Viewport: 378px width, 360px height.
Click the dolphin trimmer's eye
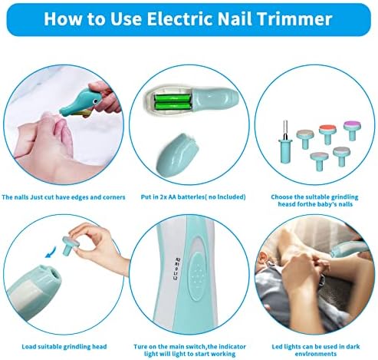[95, 101]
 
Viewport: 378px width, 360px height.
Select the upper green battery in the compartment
[172, 98]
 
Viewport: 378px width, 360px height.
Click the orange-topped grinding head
[327, 134]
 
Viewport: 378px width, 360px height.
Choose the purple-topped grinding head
[353, 130]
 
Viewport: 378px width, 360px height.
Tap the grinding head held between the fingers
[71, 246]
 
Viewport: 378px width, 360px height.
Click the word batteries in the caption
[190, 197]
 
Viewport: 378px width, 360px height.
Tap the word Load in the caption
[28, 347]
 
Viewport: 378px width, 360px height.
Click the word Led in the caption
[277, 347]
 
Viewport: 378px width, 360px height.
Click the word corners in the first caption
[114, 197]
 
